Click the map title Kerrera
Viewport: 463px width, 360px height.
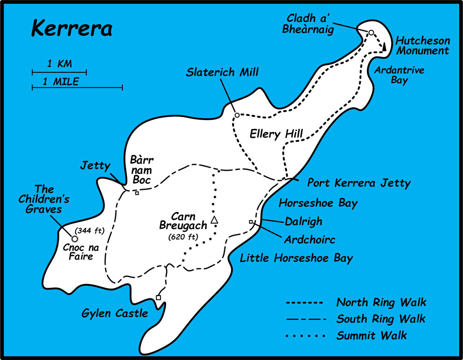tap(71, 28)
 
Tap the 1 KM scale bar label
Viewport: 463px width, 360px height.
tap(59, 64)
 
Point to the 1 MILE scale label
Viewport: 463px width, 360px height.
tap(61, 81)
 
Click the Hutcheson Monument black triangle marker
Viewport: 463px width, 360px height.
tap(384, 47)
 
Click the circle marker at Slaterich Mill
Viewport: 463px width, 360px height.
tap(237, 115)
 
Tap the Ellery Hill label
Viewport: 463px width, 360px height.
tap(276, 134)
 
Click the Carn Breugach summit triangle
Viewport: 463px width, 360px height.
tap(214, 220)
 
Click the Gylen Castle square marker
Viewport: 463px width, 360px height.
tap(158, 297)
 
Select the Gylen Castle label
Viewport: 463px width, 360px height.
tap(115, 313)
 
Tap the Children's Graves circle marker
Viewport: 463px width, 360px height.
tap(74, 239)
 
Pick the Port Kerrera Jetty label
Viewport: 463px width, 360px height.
tap(358, 183)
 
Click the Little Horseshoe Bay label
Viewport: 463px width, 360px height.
tap(296, 258)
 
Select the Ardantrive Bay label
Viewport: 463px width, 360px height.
tap(391, 76)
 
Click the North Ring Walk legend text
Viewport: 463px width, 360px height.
tap(381, 303)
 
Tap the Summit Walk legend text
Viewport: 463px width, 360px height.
tap(372, 335)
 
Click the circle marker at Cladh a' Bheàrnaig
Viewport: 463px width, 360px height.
tap(371, 33)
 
